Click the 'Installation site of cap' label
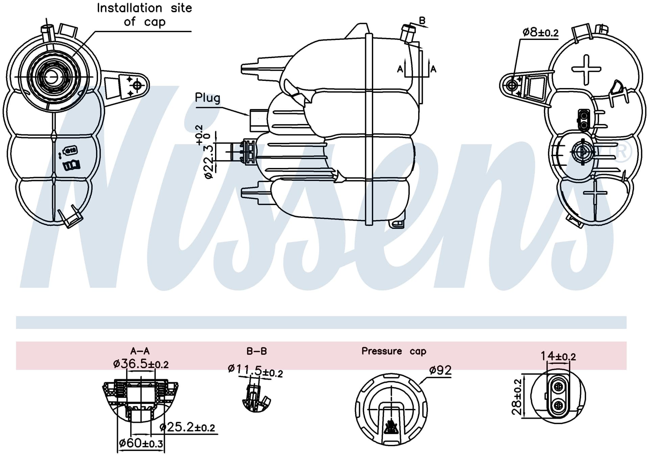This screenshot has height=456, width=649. (144, 15)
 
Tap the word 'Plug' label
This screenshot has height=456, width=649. (208, 98)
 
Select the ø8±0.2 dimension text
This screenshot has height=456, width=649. (540, 32)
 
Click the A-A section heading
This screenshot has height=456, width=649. (140, 351)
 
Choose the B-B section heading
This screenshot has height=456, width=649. (257, 351)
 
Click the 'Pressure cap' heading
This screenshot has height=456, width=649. (394, 351)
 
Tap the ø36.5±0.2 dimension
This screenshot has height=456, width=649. (141, 364)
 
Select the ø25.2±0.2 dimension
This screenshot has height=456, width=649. (187, 428)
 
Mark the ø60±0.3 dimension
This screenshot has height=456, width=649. (141, 443)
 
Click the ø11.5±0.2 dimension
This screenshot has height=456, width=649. (255, 371)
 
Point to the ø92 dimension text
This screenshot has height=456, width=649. (440, 370)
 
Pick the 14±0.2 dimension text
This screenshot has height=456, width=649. (558, 356)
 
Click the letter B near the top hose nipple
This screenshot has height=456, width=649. (422, 21)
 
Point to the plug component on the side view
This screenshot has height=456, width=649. (258, 120)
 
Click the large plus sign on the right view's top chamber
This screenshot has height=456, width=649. (586, 69)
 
